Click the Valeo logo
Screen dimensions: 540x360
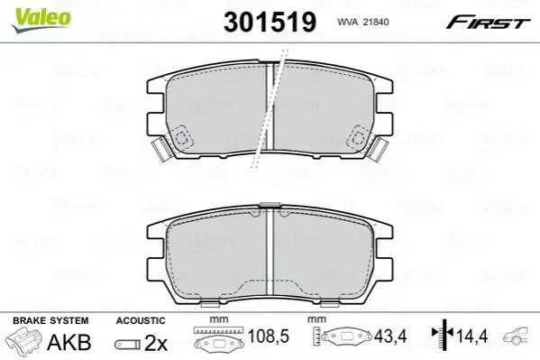click(41, 20)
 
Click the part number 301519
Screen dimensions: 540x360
click(270, 22)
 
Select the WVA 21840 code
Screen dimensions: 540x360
click(363, 22)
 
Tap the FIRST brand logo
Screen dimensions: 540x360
click(488, 23)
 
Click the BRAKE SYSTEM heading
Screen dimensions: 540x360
click(50, 320)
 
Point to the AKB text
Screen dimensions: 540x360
click(69, 343)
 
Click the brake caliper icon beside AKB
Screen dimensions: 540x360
click(23, 339)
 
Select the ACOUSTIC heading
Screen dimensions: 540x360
click(141, 320)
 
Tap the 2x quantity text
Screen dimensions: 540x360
click(156, 343)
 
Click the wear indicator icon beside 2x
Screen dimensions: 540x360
click(127, 344)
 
